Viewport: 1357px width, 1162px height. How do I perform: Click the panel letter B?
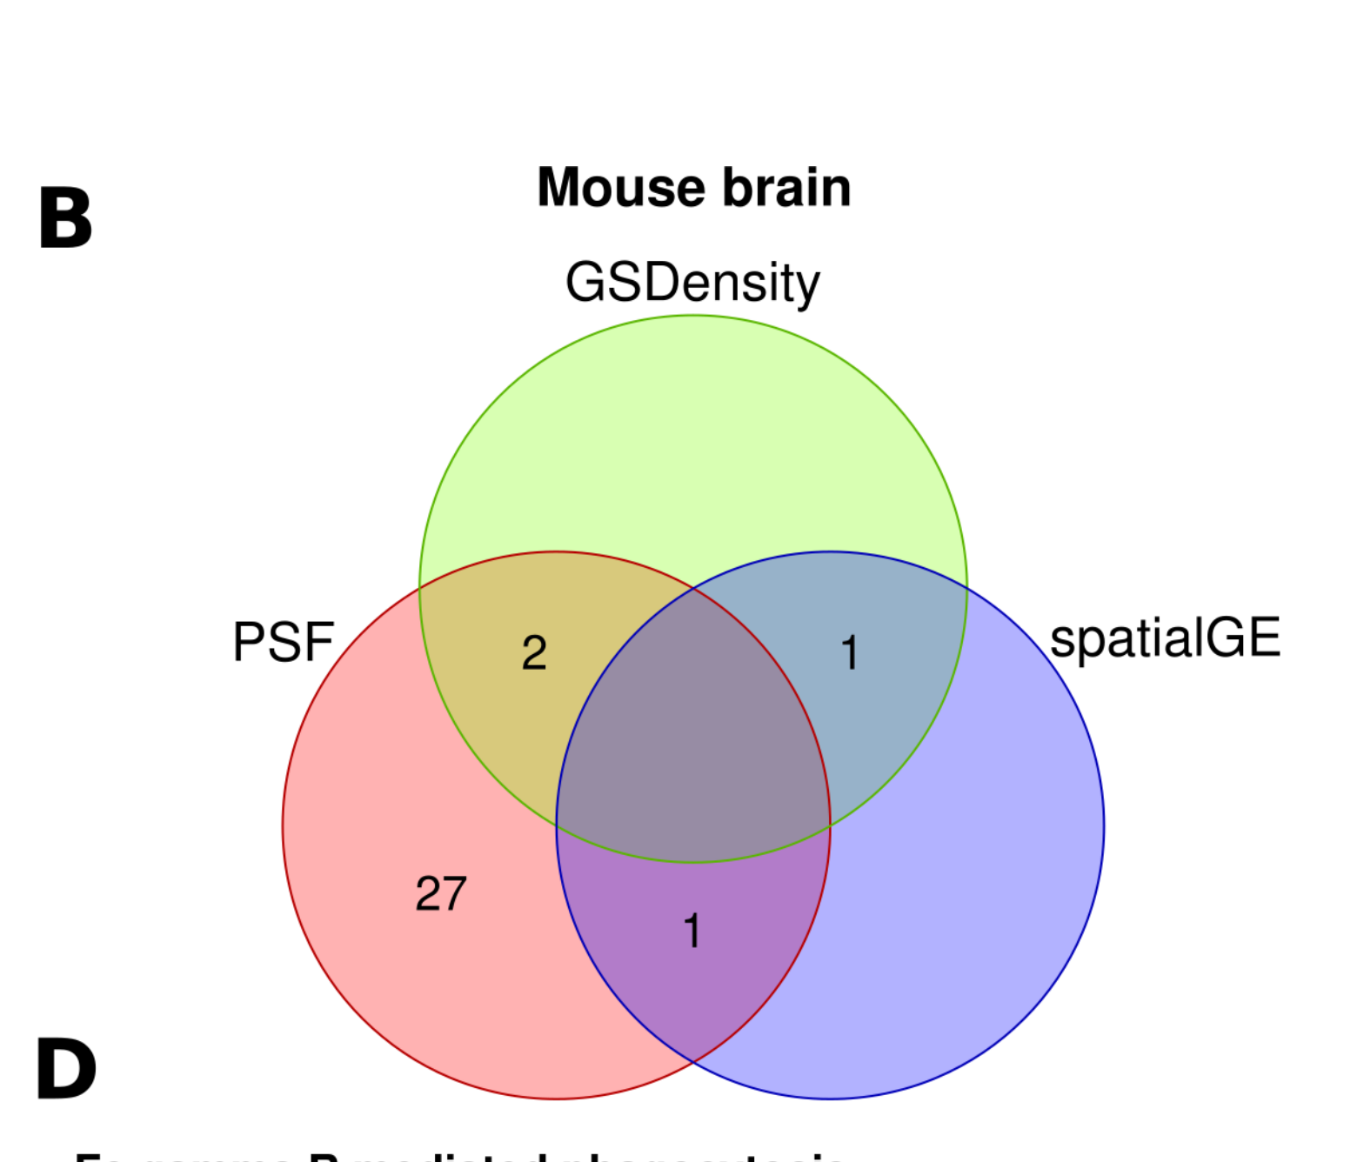tap(65, 218)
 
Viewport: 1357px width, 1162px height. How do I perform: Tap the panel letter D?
tap(66, 1069)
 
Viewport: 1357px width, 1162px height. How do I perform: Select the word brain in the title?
tap(787, 187)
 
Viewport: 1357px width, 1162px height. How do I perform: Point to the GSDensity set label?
tap(692, 283)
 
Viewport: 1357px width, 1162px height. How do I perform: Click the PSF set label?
tap(284, 642)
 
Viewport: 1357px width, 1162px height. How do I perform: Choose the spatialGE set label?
tap(1165, 638)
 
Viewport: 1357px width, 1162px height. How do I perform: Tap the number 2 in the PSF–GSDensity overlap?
tap(534, 652)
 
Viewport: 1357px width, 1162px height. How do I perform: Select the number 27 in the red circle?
tap(441, 893)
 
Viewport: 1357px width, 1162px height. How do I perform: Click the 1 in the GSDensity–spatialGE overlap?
tap(850, 652)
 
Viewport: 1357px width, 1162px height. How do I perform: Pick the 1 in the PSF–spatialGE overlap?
tap(692, 931)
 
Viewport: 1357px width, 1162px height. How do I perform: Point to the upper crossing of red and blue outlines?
tap(693, 589)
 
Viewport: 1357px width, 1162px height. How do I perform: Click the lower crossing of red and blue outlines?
tap(693, 1062)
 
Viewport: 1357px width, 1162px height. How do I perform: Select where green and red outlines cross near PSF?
tap(420, 590)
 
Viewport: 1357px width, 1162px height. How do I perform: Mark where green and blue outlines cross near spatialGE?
tap(966, 590)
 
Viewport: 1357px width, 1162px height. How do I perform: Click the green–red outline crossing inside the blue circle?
tap(830, 824)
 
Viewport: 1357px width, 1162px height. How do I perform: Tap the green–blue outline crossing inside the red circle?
tap(558, 824)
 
